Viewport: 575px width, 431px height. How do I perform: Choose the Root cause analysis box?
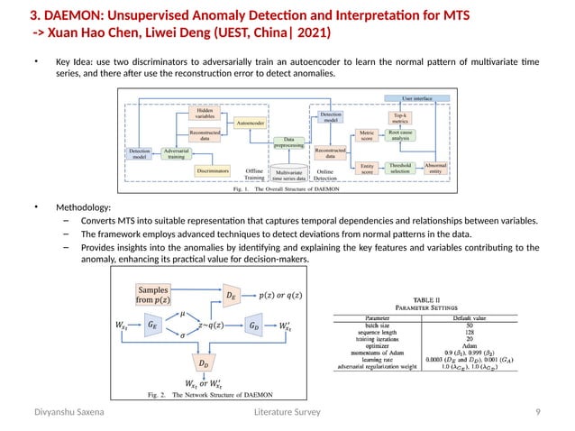click(x=401, y=135)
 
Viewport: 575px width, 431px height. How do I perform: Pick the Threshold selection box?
click(x=400, y=169)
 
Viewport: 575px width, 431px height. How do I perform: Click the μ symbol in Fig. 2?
click(x=183, y=314)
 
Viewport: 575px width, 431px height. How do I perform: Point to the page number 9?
click(x=538, y=412)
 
